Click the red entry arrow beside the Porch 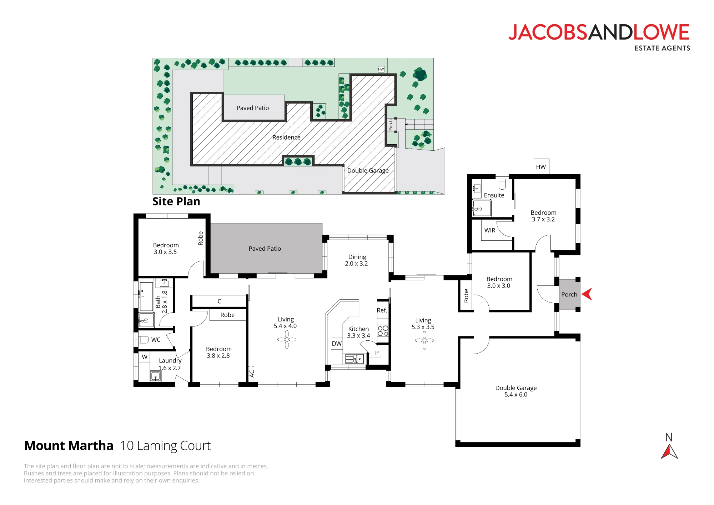pyautogui.click(x=588, y=294)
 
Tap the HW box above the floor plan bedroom pyautogui.click(x=542, y=166)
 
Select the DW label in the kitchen pyautogui.click(x=337, y=344)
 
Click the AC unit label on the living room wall pyautogui.click(x=252, y=374)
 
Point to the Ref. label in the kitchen pyautogui.click(x=382, y=310)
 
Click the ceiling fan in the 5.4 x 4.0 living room pyautogui.click(x=287, y=339)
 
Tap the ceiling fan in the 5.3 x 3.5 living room pyautogui.click(x=424, y=340)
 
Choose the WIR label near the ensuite pyautogui.click(x=490, y=230)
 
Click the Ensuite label pyautogui.click(x=494, y=195)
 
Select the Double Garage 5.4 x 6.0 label pyautogui.click(x=516, y=391)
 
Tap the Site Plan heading pyautogui.click(x=176, y=201)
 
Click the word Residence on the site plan pyautogui.click(x=286, y=137)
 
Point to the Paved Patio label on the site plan pyautogui.click(x=253, y=108)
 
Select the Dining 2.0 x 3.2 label pyautogui.click(x=357, y=260)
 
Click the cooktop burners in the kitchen pyautogui.click(x=383, y=331)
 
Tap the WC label pyautogui.click(x=156, y=340)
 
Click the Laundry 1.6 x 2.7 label pyautogui.click(x=170, y=364)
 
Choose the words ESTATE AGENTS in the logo pyautogui.click(x=662, y=48)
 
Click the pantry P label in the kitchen pyautogui.click(x=377, y=352)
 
